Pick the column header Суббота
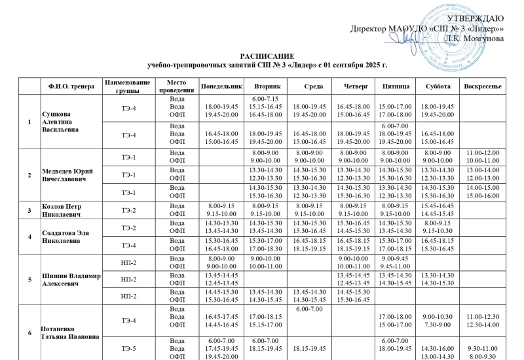point(437,86)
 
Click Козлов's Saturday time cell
point(437,210)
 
